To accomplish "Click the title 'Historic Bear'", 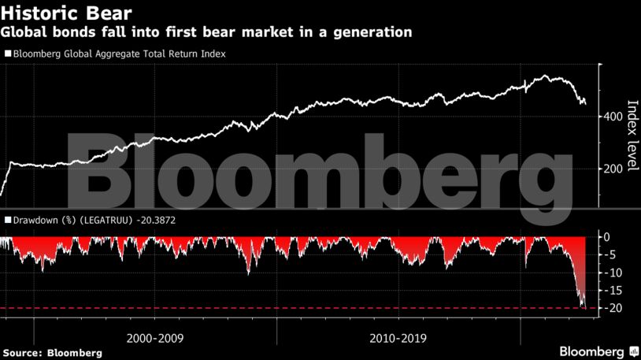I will [65, 13].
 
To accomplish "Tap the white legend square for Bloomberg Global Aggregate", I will [8, 54].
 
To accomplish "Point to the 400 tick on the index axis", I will [615, 117].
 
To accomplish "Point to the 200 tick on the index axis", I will [615, 169].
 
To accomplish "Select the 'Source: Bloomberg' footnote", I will [51, 353].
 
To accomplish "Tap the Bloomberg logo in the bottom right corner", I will [598, 351].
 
